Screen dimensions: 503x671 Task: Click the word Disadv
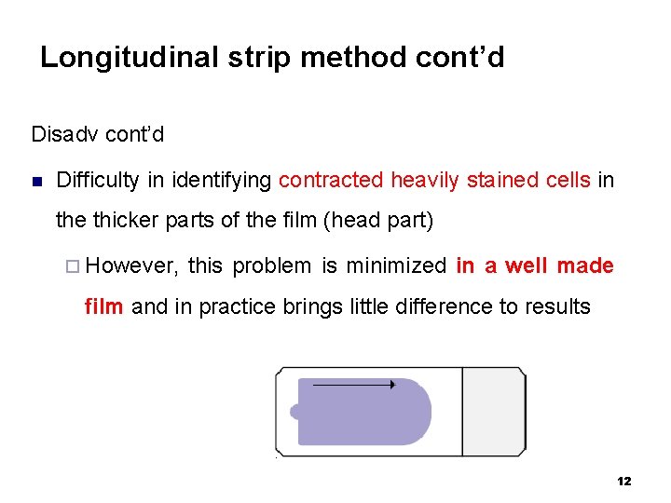[65, 134]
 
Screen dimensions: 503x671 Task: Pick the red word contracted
[331, 180]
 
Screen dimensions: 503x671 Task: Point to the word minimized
[395, 266]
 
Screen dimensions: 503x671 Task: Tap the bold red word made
[585, 266]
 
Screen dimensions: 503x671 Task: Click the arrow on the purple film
[354, 384]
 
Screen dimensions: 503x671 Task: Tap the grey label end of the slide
[494, 411]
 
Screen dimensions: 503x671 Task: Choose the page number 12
[623, 482]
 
